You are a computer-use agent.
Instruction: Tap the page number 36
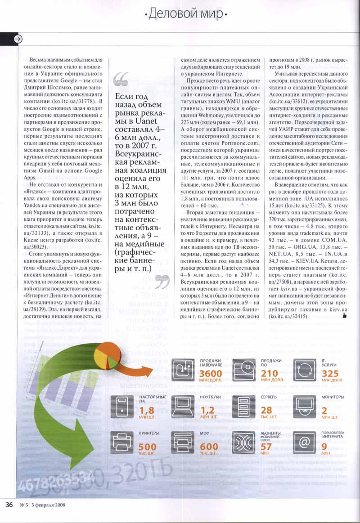click(9, 504)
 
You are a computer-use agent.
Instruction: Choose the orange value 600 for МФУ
click(208, 447)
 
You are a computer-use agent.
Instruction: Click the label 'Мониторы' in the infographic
click(333, 397)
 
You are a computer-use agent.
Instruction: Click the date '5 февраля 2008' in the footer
click(49, 505)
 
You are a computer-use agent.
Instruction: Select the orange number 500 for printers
click(148, 447)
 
